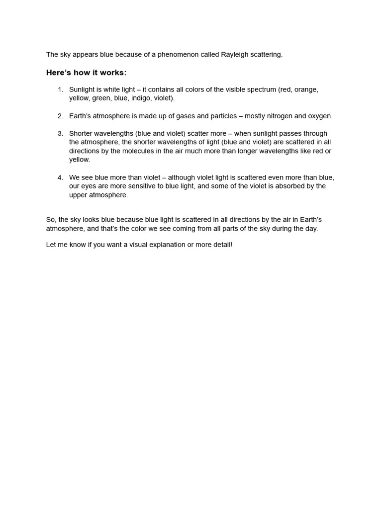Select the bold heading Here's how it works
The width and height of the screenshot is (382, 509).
pos(87,73)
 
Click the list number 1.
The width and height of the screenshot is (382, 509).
pos(60,89)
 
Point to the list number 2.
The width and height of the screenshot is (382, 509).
pos(60,116)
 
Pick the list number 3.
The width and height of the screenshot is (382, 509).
pos(60,134)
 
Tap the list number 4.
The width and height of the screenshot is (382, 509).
pos(60,177)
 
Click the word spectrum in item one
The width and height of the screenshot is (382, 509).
pos(262,89)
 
